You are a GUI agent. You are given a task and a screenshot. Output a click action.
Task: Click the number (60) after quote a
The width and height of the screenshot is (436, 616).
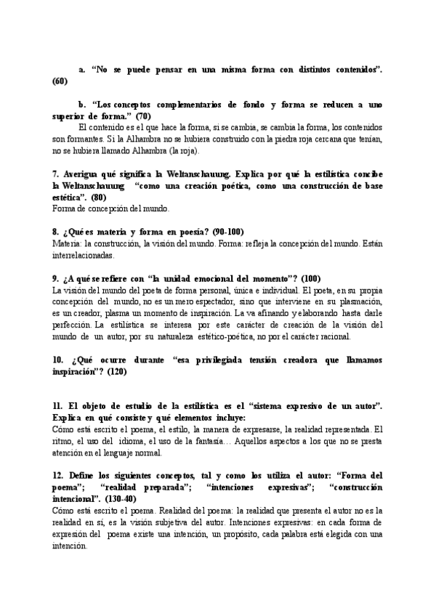[x=60, y=81]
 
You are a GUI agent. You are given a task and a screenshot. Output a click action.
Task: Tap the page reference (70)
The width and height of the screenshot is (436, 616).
[x=143, y=116]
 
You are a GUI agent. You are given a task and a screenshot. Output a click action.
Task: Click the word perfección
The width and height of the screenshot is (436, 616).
[x=73, y=325]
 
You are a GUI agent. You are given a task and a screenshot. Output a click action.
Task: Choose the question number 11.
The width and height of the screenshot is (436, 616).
[x=58, y=406]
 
